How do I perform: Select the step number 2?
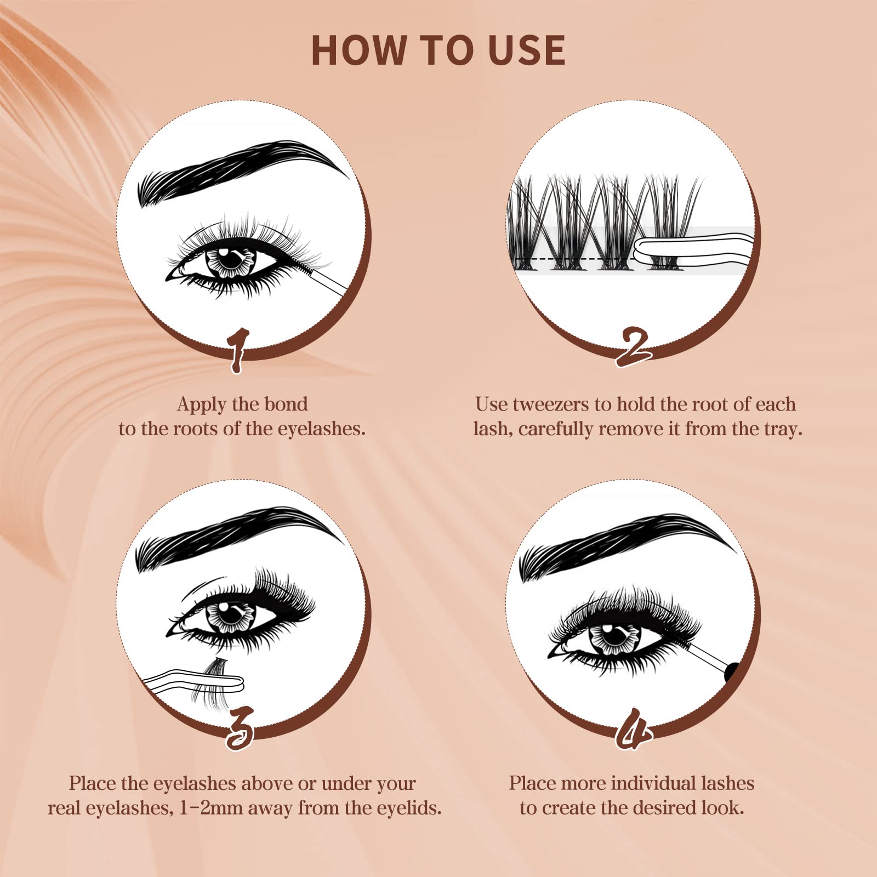point(633,347)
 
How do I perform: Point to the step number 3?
point(240,728)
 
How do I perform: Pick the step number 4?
point(634,729)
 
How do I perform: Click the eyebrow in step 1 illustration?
point(241,170)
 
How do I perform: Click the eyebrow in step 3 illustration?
point(238,537)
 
